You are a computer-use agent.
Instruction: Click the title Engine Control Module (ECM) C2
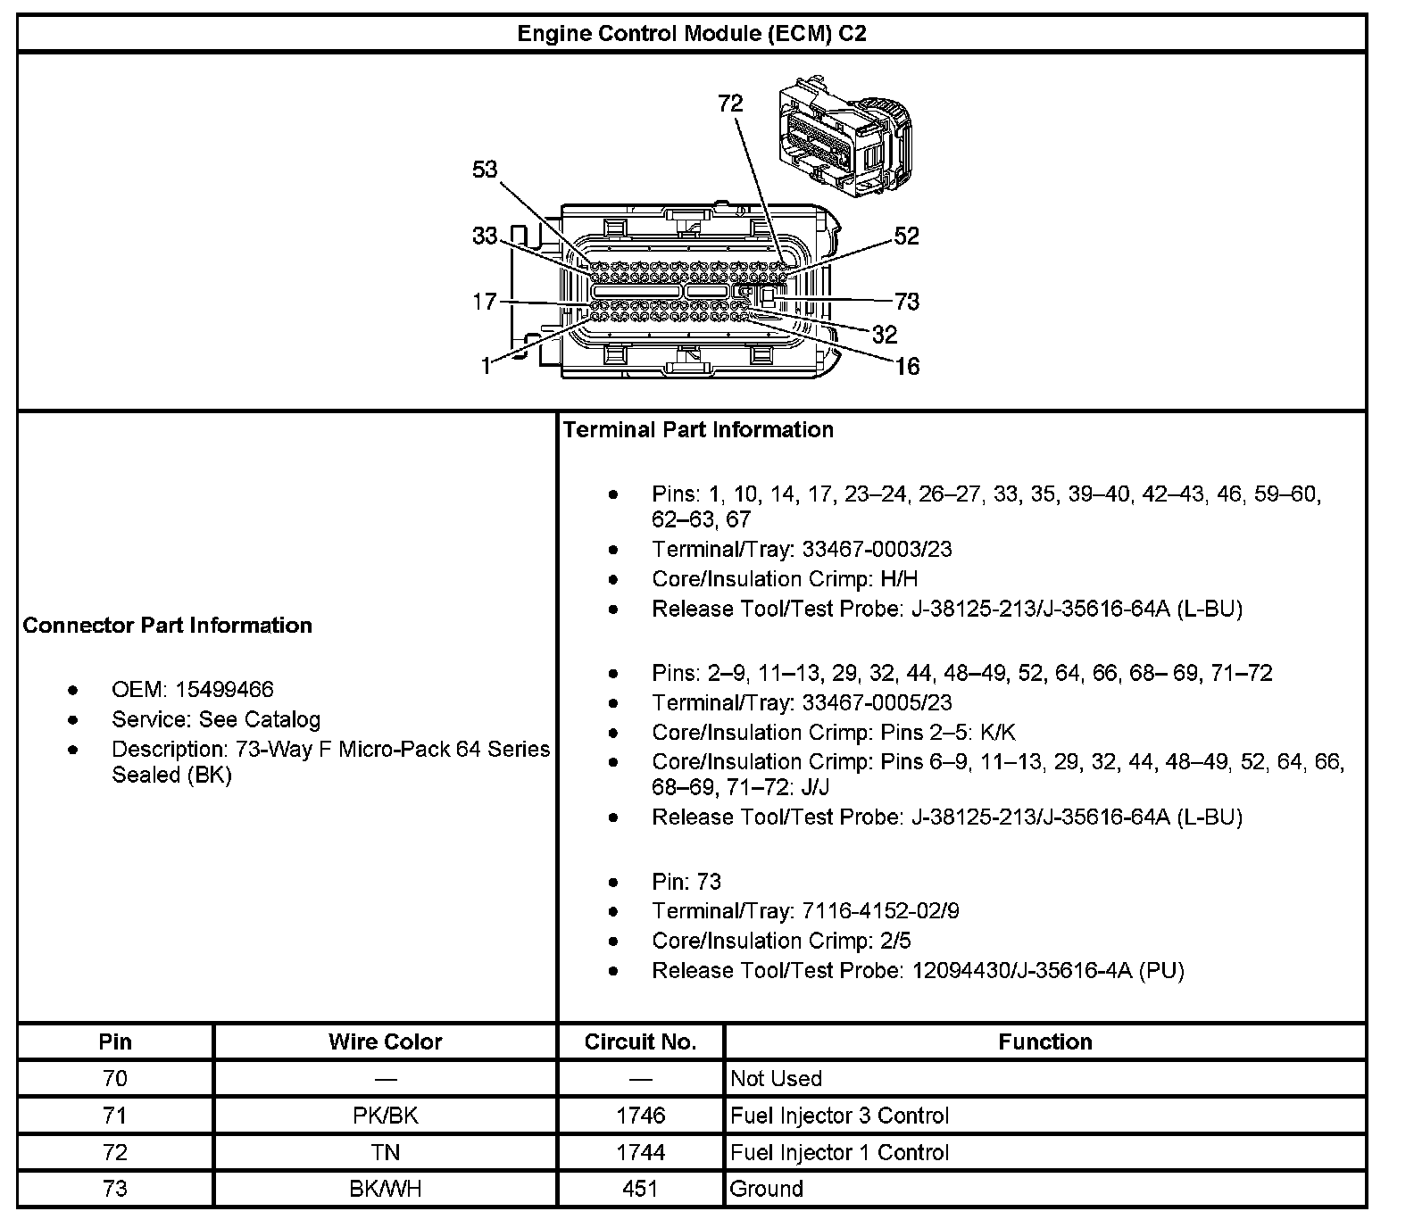click(x=692, y=34)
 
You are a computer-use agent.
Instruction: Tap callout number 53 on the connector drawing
click(x=485, y=170)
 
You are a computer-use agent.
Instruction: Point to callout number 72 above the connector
click(x=730, y=104)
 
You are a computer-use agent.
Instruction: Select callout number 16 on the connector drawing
click(x=907, y=366)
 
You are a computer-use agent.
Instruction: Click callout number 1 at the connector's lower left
click(x=486, y=366)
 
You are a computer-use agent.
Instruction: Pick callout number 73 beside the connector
click(x=907, y=302)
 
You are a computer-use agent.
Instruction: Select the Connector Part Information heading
click(x=168, y=625)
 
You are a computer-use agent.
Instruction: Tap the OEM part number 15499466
click(x=225, y=689)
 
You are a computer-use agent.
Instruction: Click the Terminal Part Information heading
click(x=698, y=429)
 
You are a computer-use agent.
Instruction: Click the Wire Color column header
click(x=385, y=1041)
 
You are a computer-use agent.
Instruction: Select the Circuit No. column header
click(x=640, y=1041)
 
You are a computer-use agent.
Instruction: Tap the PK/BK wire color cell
click(x=385, y=1116)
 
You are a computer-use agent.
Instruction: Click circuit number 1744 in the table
click(x=640, y=1152)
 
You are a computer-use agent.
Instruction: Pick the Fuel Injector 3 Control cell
click(x=839, y=1116)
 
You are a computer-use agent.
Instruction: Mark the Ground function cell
click(x=767, y=1189)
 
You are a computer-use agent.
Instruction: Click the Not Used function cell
click(x=776, y=1078)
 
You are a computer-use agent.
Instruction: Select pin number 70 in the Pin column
click(x=115, y=1078)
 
